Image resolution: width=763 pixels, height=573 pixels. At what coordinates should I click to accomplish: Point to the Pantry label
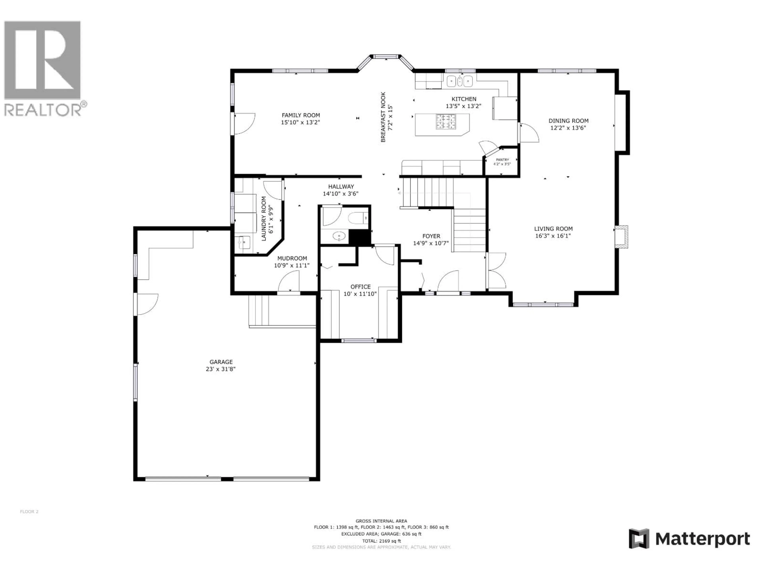click(x=502, y=160)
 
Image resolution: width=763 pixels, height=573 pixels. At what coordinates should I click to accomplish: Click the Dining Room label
click(x=568, y=121)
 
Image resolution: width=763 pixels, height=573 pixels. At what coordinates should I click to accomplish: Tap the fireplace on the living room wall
click(x=621, y=237)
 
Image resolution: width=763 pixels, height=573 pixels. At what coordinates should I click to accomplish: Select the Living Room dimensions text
click(x=553, y=236)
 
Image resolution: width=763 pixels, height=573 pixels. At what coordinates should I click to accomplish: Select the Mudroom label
click(x=292, y=258)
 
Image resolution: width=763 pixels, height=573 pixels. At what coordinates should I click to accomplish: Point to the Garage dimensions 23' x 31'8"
click(x=221, y=369)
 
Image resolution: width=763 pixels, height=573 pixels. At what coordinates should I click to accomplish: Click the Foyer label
click(x=431, y=236)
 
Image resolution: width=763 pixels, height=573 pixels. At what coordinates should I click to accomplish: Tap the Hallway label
click(x=341, y=186)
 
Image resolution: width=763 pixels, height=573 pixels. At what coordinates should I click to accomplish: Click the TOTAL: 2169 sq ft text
click(x=381, y=541)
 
